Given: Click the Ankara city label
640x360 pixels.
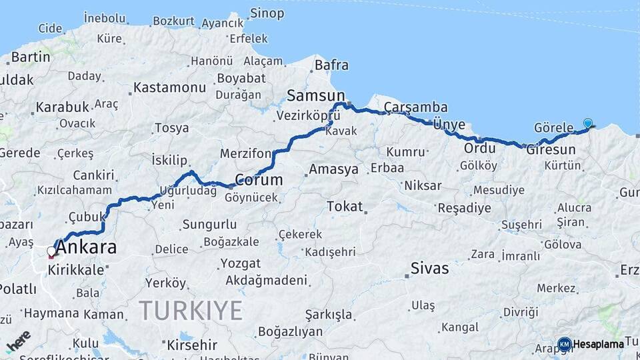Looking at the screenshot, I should click(86, 248).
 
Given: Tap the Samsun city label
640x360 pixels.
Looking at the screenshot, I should click(316, 96).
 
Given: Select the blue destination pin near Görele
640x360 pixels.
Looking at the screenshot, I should click(587, 123).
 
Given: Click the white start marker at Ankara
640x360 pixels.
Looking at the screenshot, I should click(51, 251).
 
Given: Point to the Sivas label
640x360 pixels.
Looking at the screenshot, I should click(430, 269).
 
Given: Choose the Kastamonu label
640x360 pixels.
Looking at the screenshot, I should click(169, 88).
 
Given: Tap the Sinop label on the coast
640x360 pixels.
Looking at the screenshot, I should click(267, 13).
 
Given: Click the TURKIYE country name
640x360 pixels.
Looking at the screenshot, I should click(191, 311).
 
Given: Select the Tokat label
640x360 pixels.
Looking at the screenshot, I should click(345, 207).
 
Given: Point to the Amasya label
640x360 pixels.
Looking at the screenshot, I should click(333, 169).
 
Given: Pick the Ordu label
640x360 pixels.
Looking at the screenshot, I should click(480, 148).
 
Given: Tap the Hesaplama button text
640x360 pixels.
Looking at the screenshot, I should click(598, 345).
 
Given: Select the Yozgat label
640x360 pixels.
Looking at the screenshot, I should click(240, 263).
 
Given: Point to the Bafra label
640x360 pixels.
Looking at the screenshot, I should click(331, 65).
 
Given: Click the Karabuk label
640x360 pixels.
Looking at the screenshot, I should click(62, 107).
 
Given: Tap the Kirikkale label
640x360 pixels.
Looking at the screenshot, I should click(76, 270).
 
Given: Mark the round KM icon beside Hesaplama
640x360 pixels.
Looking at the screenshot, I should click(564, 344).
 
